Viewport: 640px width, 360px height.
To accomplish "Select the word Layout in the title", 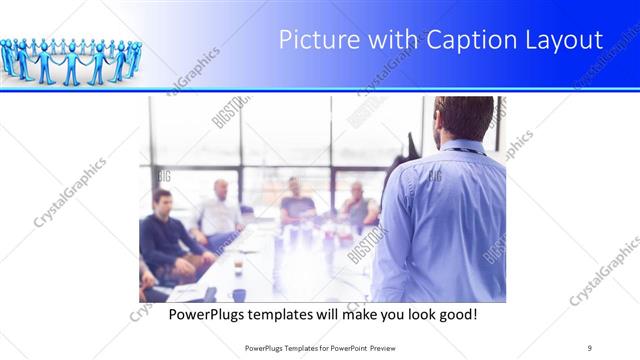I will (x=564, y=41).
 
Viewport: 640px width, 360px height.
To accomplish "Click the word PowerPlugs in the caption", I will (x=203, y=314).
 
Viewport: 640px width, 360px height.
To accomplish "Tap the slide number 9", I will (x=589, y=347).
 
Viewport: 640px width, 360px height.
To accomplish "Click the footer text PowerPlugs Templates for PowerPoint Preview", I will (x=320, y=347).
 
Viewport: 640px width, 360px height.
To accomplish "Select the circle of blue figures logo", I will (x=70, y=59).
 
